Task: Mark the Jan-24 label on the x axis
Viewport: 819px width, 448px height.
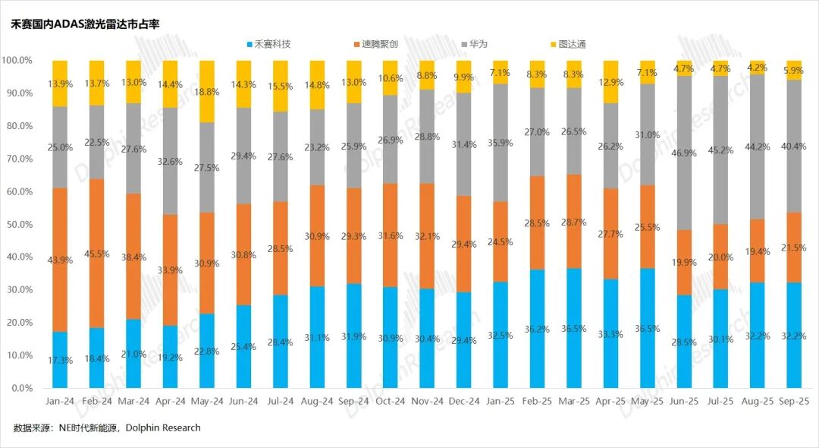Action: (59, 400)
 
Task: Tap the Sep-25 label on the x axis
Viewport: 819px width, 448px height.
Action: (794, 400)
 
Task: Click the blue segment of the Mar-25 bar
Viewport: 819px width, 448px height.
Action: (574, 328)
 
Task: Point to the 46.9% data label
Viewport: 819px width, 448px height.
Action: (685, 153)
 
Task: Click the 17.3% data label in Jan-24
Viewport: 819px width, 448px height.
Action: (60, 360)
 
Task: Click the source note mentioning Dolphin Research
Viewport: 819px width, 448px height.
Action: (107, 428)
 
